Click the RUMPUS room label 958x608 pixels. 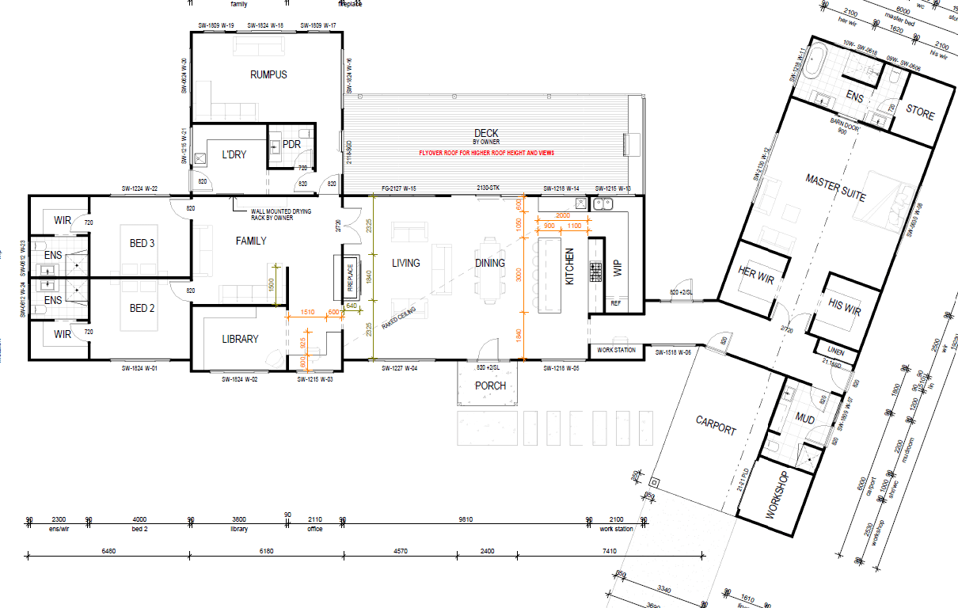[x=268, y=75]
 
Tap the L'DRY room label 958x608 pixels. [x=234, y=154]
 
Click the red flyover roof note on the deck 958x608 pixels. [x=486, y=152]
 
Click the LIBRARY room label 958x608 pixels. [x=240, y=339]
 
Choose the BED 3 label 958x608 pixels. [x=139, y=244]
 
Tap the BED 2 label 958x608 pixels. [x=139, y=309]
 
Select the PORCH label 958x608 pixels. [x=490, y=386]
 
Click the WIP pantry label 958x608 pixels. [x=618, y=270]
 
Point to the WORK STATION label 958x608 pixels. [x=616, y=350]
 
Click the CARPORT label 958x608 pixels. [x=716, y=425]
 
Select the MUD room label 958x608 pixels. [x=805, y=419]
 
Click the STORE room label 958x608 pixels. [x=920, y=115]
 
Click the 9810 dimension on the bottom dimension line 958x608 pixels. [x=466, y=520]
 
